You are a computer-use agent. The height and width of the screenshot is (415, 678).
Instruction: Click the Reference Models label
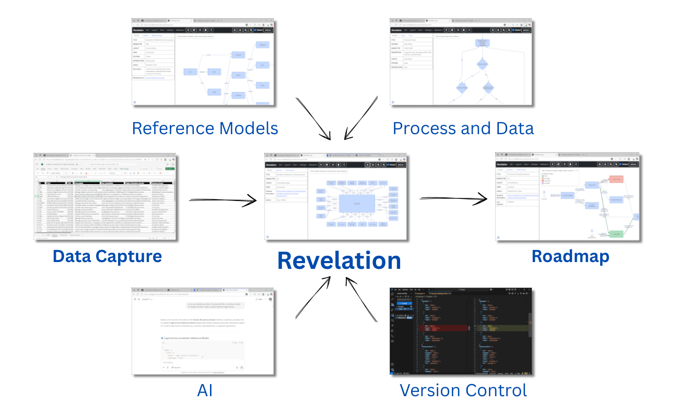point(205,128)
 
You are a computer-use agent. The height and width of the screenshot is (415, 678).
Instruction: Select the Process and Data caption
point(463,128)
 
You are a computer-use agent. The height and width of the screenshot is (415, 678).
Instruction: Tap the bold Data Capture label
point(107,256)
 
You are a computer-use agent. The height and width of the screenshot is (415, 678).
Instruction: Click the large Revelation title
point(338,260)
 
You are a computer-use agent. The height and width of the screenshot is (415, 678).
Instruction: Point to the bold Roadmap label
point(570,256)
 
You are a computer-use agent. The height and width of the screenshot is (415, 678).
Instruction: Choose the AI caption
point(205,390)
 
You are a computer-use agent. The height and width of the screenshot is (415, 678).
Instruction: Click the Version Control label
point(463,390)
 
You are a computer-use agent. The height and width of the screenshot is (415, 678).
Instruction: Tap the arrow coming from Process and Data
point(360,118)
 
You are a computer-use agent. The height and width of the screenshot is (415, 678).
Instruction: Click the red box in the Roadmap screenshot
point(616,179)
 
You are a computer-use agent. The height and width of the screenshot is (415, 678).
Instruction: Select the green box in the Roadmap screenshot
point(616,234)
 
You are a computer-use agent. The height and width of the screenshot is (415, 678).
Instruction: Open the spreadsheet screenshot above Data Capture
point(106,197)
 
